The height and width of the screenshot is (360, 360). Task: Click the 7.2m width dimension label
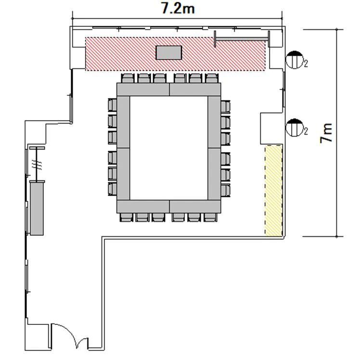178,9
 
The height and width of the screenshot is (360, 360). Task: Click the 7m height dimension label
326,133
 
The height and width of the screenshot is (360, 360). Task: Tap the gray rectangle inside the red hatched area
169,52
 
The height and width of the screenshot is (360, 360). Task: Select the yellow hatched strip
273,190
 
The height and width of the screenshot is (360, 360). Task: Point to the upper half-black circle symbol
295,60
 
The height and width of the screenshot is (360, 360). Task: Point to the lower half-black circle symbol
295,128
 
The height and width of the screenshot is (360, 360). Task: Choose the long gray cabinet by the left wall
37,208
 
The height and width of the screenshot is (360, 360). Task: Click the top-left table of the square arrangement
143,90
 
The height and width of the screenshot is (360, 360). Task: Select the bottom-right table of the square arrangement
195,206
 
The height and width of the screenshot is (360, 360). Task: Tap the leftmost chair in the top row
128,78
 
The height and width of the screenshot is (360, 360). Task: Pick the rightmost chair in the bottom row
210,217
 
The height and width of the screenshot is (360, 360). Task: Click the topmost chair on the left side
113,105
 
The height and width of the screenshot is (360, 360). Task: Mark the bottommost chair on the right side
225,191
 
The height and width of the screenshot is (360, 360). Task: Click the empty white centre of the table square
169,148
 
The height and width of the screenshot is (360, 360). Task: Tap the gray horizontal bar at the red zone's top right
242,39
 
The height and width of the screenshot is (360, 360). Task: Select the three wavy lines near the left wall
37,165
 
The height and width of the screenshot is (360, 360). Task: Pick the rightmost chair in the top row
212,78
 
